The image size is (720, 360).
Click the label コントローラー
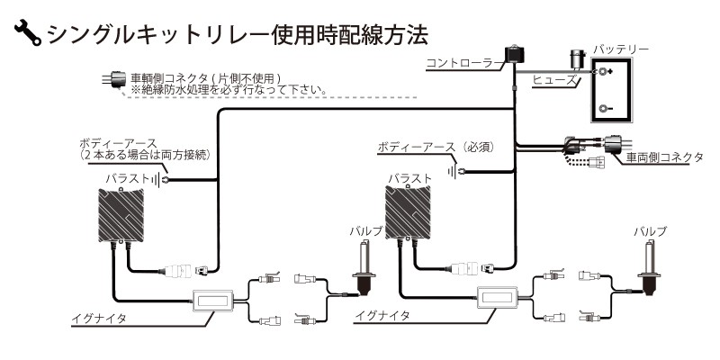click(x=461, y=62)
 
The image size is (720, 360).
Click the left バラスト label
click(x=126, y=179)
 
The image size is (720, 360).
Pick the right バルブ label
click(x=650, y=231)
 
